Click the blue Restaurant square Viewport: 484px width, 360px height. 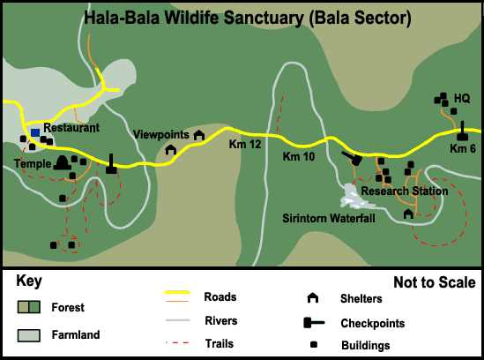click(35, 133)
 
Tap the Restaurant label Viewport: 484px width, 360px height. click(71, 128)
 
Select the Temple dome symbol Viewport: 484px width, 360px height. click(63, 163)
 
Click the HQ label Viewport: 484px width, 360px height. click(462, 98)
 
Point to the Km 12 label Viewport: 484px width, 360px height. click(245, 145)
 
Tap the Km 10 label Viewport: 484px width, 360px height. click(299, 156)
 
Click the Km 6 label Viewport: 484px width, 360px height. click(462, 148)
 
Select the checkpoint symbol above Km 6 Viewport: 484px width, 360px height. click(462, 132)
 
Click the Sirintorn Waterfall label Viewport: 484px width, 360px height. click(329, 218)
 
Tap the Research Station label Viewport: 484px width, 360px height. click(405, 191)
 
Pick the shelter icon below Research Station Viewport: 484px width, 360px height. click(408, 214)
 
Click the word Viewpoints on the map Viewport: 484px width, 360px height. click(160, 134)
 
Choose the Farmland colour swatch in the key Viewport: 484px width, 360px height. click(29, 335)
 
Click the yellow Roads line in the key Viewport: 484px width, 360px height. click(177, 292)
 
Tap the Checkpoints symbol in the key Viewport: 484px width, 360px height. click(314, 323)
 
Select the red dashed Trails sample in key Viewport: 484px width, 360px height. click(177, 342)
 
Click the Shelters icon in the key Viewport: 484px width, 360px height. click(313, 298)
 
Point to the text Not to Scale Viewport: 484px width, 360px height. click(435, 282)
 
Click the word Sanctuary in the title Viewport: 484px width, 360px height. click(264, 18)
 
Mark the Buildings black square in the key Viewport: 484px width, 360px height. click(314, 344)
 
